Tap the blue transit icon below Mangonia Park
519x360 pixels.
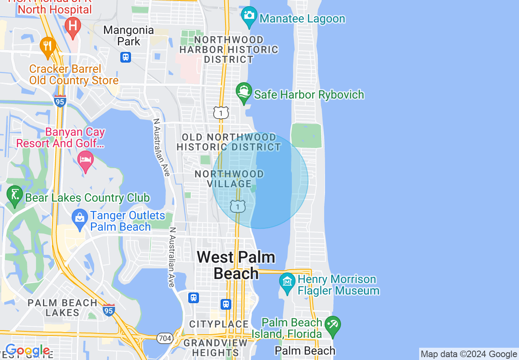point(126,57)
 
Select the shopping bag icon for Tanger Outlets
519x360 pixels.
point(80,218)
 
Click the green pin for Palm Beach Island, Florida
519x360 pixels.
point(332,326)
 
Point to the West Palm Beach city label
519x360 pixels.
point(236,265)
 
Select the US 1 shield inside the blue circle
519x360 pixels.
point(237,207)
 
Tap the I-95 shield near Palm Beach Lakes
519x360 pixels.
point(109,310)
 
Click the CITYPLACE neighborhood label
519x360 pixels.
point(219,324)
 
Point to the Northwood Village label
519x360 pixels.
point(229,179)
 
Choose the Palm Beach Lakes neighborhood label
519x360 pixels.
point(63,308)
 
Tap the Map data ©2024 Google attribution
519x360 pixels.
point(469,354)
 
